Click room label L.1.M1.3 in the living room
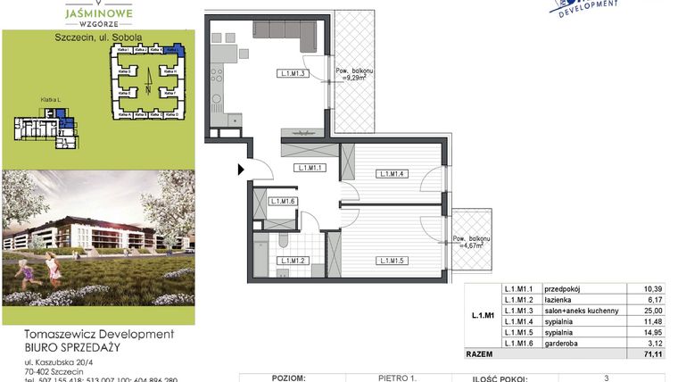(x=294, y=74)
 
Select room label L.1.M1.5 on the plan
(x=393, y=261)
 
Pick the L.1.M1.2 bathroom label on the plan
(x=293, y=261)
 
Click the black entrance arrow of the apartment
(x=241, y=168)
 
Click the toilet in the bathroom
(x=282, y=240)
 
